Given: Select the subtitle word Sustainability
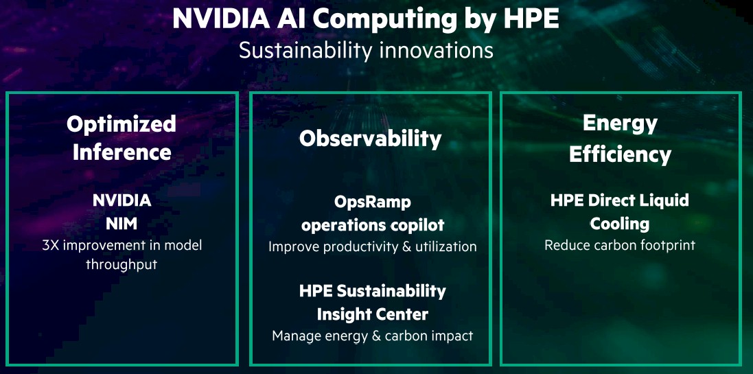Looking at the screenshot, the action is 306,50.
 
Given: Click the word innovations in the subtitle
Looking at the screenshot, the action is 436,50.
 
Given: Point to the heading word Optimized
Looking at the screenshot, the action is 121,125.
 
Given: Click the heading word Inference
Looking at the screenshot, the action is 121,152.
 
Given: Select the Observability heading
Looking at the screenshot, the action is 370,139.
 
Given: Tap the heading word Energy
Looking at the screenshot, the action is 620,124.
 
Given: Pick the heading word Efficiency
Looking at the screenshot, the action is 620,154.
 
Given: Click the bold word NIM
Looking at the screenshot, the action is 121,223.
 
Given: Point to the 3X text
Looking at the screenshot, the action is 50,246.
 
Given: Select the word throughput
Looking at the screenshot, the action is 121,264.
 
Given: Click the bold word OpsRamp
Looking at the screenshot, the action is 373,202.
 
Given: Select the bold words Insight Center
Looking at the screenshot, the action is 373,314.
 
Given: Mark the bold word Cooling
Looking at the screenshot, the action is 620,224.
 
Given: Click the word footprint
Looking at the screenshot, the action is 664,246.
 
